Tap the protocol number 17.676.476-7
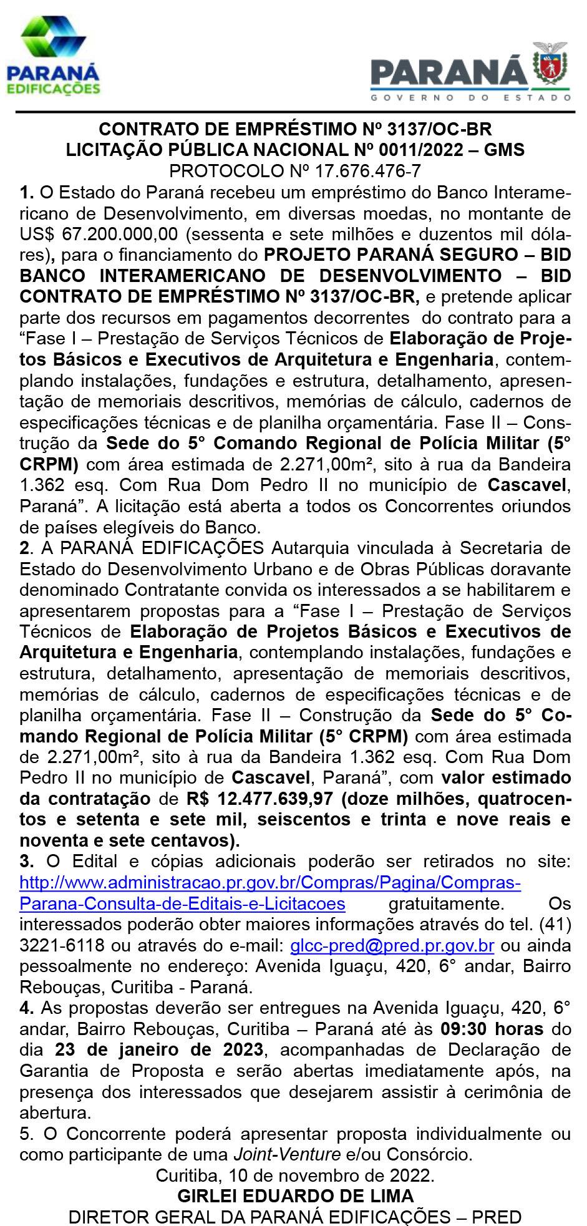[x=351, y=170]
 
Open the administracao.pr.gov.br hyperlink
[x=270, y=883]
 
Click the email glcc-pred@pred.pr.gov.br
[x=392, y=945]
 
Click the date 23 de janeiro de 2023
[x=159, y=1049]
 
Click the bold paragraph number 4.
[x=26, y=1008]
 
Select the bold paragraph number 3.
[x=26, y=862]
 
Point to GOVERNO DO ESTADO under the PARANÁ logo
[x=470, y=97]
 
